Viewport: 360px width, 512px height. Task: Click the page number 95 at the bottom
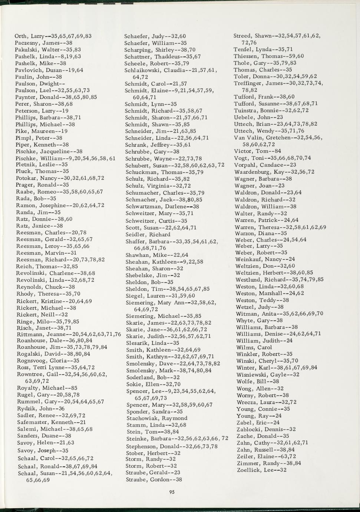171,492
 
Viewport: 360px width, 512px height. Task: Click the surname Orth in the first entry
20,36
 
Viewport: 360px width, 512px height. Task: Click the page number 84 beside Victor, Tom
277,151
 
